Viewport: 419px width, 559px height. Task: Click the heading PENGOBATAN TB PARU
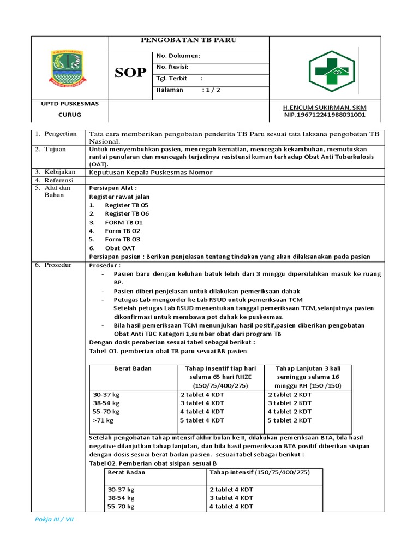(x=189, y=40)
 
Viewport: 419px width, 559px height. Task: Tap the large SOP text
(x=130, y=73)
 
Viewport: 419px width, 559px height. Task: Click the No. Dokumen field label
(x=178, y=56)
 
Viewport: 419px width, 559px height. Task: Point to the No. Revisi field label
(x=172, y=67)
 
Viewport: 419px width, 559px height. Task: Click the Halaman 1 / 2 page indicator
(x=188, y=90)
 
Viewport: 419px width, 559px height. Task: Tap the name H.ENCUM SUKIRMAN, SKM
(x=325, y=108)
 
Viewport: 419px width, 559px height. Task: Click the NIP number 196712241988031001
(x=325, y=115)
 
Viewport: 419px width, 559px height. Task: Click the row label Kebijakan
(x=61, y=171)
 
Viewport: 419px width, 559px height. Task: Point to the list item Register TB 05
(x=127, y=205)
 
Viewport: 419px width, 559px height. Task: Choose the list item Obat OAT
(x=120, y=248)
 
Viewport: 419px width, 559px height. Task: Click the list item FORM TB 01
(x=124, y=222)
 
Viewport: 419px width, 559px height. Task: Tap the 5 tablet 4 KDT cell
(x=202, y=420)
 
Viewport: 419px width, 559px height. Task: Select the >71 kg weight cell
(x=104, y=420)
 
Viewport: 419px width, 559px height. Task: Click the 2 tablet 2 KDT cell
(x=289, y=394)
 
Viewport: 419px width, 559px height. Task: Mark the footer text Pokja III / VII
(x=54, y=519)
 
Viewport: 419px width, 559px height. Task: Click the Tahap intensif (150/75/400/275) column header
(x=260, y=472)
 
